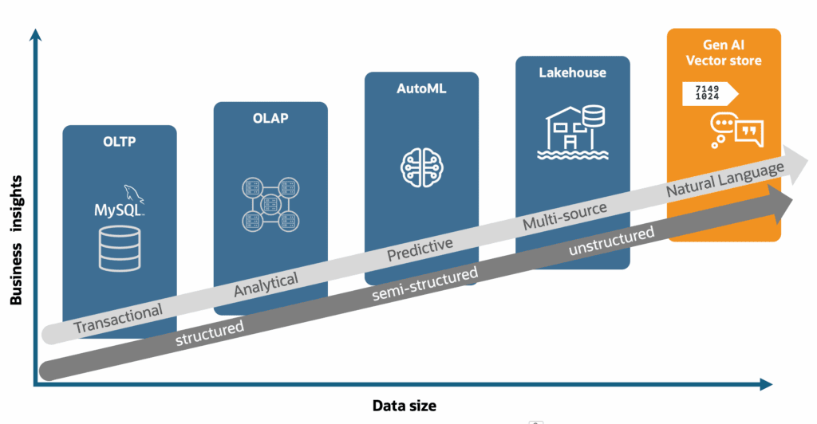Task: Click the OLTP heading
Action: (120, 142)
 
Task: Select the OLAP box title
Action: (270, 118)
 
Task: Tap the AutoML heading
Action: (421, 88)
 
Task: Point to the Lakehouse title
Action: (573, 73)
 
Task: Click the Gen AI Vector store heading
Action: (724, 53)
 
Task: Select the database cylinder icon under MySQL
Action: (120, 249)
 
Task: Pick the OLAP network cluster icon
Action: (270, 205)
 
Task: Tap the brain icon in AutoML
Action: (421, 167)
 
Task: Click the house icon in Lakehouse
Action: (573, 132)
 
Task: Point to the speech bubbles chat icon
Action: (736, 130)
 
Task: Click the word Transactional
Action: (118, 318)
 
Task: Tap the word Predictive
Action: (420, 249)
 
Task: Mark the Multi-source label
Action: (565, 216)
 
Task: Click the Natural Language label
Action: (725, 179)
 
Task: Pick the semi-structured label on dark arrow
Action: (424, 284)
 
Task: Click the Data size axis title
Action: (405, 406)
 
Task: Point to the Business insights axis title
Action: (16, 240)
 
